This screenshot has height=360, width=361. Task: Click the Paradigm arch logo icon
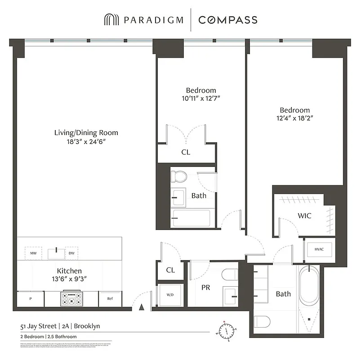(111, 20)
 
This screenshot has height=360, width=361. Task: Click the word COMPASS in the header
(228, 20)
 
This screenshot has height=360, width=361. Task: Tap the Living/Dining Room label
(86, 132)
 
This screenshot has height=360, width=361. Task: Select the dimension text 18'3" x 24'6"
(86, 141)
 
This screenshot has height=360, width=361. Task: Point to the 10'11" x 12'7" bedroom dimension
(201, 98)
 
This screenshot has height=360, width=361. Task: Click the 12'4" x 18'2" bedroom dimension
(295, 118)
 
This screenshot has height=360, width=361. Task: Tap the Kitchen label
(69, 270)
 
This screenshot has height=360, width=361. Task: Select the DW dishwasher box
(72, 253)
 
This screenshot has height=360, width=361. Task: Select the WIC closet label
(304, 216)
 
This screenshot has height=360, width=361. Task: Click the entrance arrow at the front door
(142, 307)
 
